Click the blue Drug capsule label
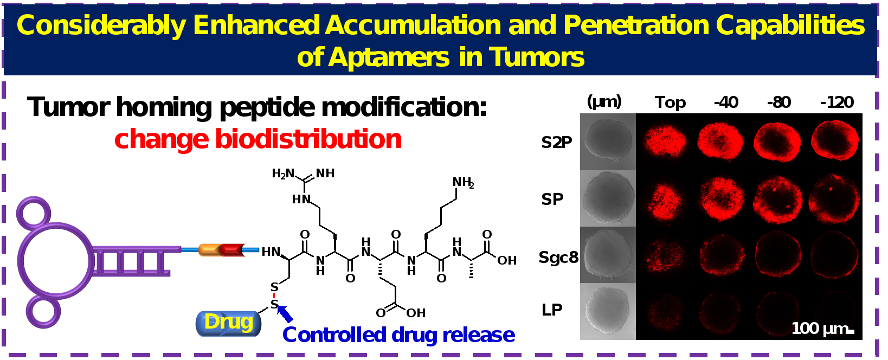point(228,323)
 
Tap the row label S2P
point(557,143)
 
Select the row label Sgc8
point(558,258)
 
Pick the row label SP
point(552,199)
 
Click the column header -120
point(836,102)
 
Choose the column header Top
point(670,102)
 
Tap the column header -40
point(726,102)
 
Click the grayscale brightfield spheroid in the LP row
point(607,311)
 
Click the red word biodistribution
point(308,139)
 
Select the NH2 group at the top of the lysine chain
point(463,182)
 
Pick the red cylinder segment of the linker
point(233,250)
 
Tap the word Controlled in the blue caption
point(334,335)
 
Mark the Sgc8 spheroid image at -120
point(834,254)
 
